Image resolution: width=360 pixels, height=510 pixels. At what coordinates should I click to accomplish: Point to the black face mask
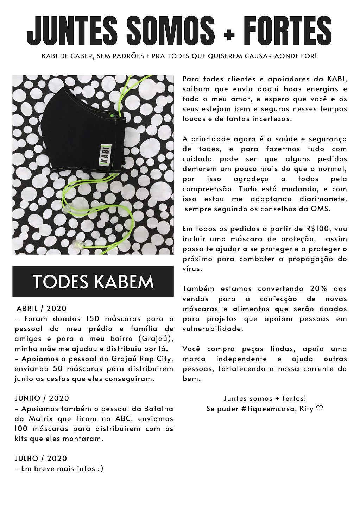[x=84, y=130]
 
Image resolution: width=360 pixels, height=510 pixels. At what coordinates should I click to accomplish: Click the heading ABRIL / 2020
[x=42, y=309]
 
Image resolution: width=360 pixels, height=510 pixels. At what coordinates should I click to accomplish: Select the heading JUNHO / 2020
[x=42, y=398]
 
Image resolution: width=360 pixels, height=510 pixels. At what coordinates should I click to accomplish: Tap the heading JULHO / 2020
[x=41, y=459]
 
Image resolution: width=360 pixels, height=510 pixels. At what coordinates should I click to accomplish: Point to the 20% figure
[x=318, y=289]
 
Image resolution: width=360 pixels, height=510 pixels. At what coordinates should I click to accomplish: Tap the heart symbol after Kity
[x=319, y=409]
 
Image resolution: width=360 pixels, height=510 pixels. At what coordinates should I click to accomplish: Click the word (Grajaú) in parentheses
[x=156, y=339]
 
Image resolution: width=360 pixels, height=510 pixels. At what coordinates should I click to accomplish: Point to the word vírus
[x=192, y=269]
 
